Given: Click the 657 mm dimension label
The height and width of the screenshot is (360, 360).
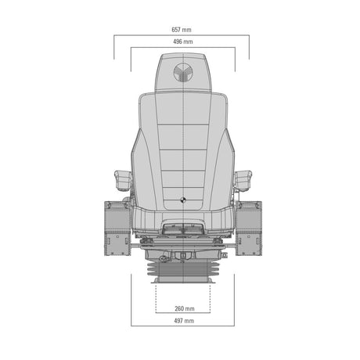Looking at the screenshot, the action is (x=182, y=30).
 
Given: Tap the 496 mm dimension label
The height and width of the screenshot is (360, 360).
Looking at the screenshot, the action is (x=183, y=41).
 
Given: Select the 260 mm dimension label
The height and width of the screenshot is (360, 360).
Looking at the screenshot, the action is (x=185, y=308).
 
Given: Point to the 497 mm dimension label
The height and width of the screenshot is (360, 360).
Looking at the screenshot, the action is (x=184, y=321).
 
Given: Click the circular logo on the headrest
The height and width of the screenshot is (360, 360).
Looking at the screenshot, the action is (x=183, y=72).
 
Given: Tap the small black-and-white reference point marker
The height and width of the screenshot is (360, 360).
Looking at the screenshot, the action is (x=183, y=200).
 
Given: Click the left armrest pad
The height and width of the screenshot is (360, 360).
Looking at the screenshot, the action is (x=123, y=180).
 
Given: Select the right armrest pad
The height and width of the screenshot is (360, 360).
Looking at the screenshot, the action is (x=243, y=181).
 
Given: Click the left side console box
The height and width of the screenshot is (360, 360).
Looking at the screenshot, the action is (x=117, y=229).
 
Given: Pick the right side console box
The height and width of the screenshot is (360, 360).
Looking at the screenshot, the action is (x=249, y=229).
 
